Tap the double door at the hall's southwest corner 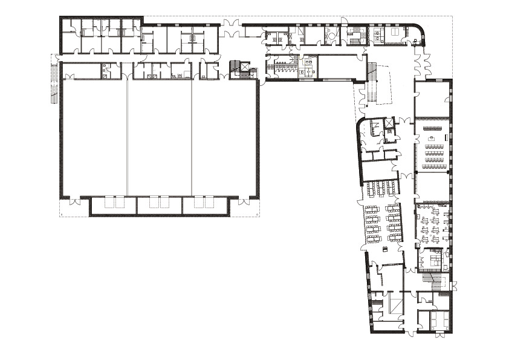[73, 202]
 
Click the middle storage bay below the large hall [159, 206]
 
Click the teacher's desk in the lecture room [432, 139]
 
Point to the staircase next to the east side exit [433, 279]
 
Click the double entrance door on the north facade [230, 27]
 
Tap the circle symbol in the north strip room [331, 36]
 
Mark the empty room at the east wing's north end [432, 99]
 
